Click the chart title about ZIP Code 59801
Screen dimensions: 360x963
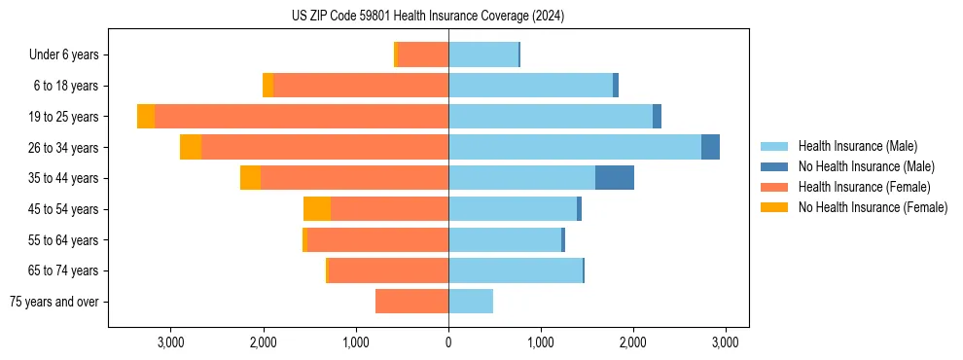428,16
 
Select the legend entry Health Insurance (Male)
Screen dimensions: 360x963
856,146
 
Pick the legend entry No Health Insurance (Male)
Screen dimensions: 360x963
866,166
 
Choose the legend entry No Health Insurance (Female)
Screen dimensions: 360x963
873,207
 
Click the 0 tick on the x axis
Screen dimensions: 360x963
448,342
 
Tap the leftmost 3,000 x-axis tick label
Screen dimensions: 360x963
170,342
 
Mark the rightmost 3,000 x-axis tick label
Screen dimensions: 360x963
725,342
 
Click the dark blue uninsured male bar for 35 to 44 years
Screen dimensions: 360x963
615,178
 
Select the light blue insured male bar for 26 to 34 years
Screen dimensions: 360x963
574,147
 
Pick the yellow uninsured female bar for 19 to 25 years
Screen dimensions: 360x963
146,117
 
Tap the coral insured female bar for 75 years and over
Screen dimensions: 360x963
411,302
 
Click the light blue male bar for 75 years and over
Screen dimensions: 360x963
471,302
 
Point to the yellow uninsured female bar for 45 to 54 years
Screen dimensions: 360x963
317,209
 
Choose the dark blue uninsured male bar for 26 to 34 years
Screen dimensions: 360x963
710,147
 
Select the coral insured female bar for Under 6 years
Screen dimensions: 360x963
423,55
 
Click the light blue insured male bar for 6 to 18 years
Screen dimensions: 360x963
530,86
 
